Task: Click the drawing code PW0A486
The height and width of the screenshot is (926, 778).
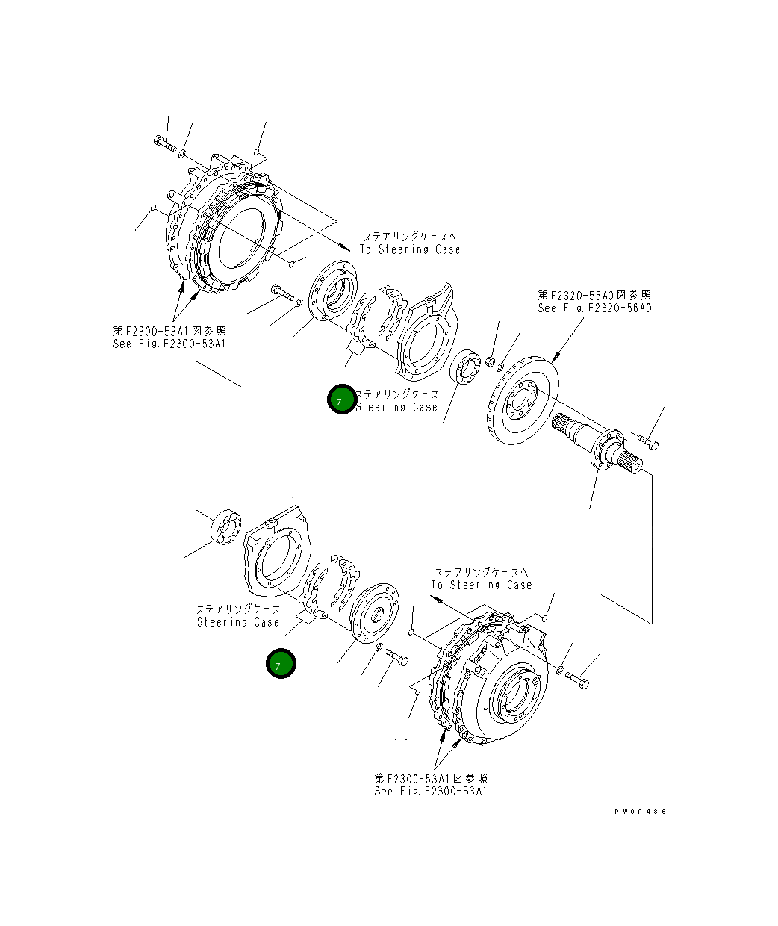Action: pyautogui.click(x=640, y=812)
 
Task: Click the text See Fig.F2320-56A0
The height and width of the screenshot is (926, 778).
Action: pyautogui.click(x=594, y=308)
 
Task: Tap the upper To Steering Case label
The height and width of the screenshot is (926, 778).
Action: pyautogui.click(x=410, y=249)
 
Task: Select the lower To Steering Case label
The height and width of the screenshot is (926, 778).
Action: pyautogui.click(x=481, y=585)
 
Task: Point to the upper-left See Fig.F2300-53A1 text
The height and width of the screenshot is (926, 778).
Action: pyautogui.click(x=169, y=344)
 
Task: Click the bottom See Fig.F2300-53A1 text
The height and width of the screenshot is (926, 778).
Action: pyautogui.click(x=431, y=791)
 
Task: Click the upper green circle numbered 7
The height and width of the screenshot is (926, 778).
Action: pyautogui.click(x=341, y=400)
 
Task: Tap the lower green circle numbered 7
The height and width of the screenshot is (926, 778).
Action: pyautogui.click(x=281, y=664)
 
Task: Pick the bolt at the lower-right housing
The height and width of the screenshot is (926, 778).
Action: pyautogui.click(x=576, y=679)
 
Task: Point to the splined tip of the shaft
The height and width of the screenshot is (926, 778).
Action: pyautogui.click(x=632, y=462)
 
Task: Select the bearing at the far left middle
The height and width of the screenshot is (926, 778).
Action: pyautogui.click(x=227, y=526)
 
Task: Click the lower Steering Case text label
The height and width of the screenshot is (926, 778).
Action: pyautogui.click(x=238, y=621)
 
